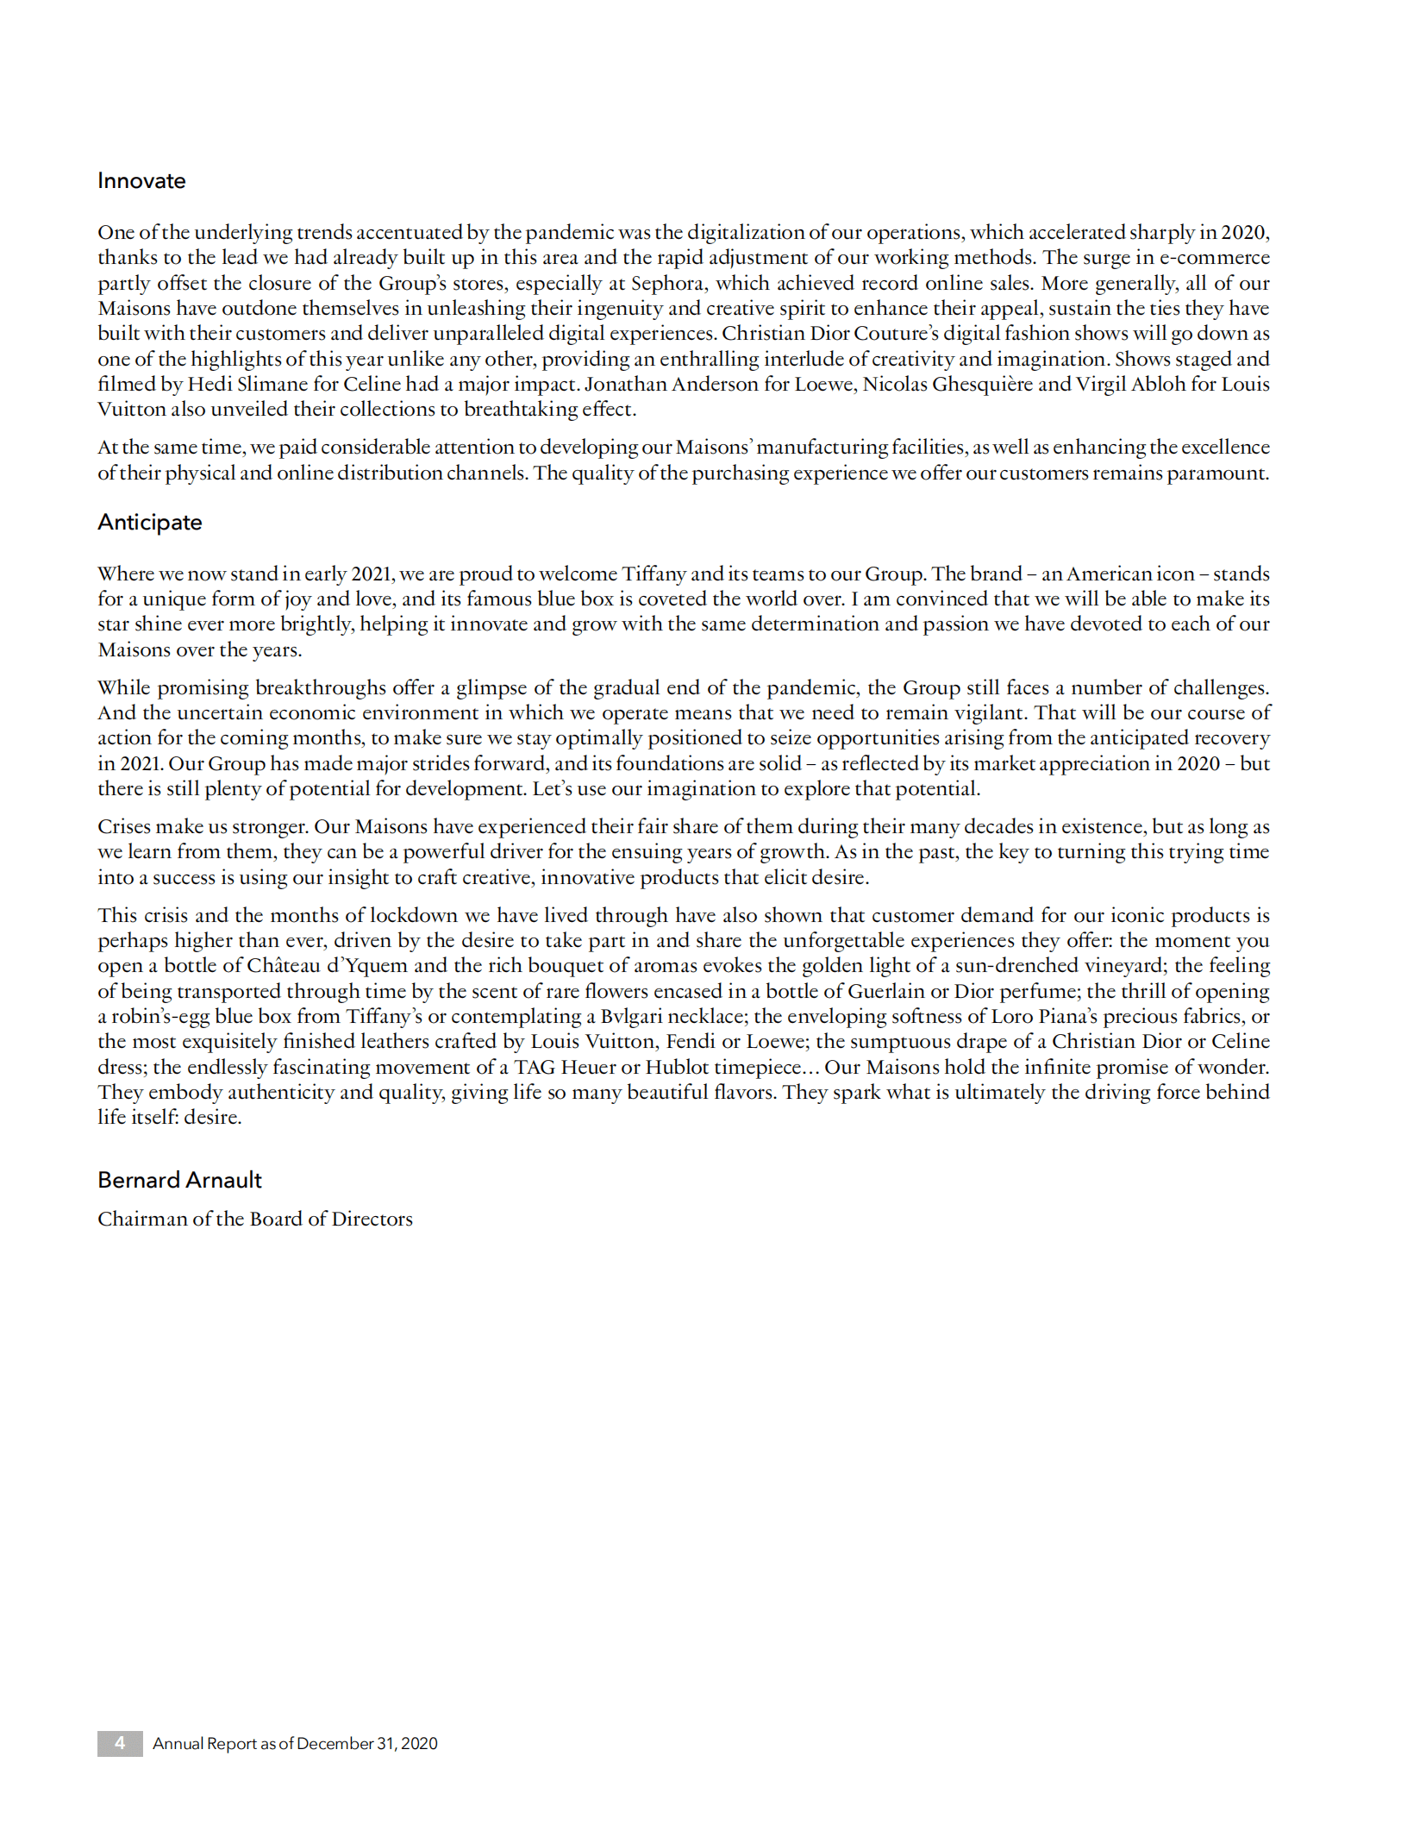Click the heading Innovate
click(141, 181)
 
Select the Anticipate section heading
click(149, 523)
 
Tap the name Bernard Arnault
click(179, 1180)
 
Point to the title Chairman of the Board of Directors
click(254, 1219)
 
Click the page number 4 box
click(120, 1743)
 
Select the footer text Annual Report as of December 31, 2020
click(295, 1743)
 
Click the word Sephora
click(666, 283)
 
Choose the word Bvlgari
click(637, 1016)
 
